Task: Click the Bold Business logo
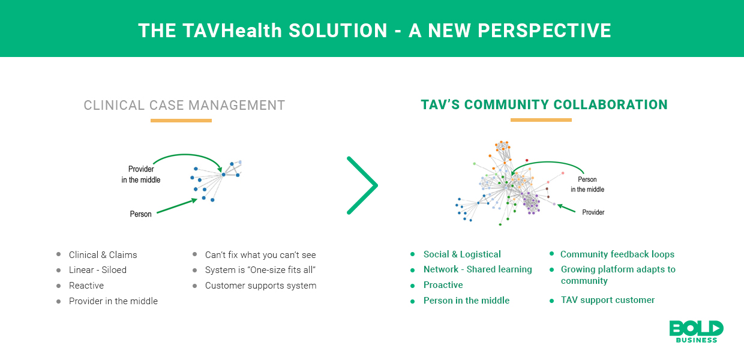point(696,331)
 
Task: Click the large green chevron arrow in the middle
point(363,185)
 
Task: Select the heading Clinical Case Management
point(184,106)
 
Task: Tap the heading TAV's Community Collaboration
point(544,105)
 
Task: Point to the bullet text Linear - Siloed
point(98,270)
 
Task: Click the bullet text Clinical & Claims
point(103,255)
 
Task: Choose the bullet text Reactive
point(86,286)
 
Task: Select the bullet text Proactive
point(443,285)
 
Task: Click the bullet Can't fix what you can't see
point(260,255)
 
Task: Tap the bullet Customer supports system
point(260,286)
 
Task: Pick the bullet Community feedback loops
point(617,254)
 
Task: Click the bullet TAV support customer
point(608,300)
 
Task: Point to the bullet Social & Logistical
point(462,254)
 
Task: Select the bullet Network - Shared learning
point(478,269)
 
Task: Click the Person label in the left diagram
point(141,214)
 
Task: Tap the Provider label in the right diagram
point(593,212)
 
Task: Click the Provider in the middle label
point(141,175)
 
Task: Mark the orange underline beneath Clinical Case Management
point(181,121)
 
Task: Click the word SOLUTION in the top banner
point(338,31)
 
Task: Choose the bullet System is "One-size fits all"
point(260,270)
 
